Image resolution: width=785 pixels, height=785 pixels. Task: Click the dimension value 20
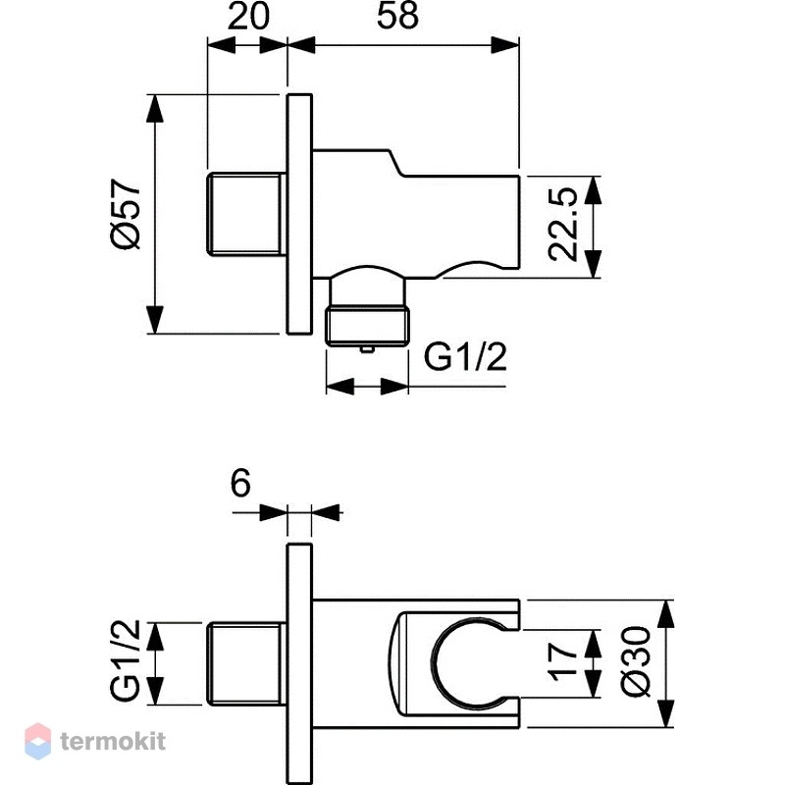tap(248, 16)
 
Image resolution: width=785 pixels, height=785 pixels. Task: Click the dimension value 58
tap(397, 16)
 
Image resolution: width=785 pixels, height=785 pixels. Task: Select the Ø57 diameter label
tap(126, 214)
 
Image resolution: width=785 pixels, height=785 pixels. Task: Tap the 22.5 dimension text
tap(562, 225)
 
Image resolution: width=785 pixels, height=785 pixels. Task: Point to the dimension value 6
tap(240, 484)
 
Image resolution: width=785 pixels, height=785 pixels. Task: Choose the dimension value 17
tap(563, 662)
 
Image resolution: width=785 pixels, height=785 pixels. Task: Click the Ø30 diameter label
tap(636, 660)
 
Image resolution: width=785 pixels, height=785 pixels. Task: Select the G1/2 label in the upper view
tap(465, 356)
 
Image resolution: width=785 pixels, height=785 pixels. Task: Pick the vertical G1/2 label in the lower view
tap(126, 660)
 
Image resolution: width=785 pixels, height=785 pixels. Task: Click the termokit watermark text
tap(113, 741)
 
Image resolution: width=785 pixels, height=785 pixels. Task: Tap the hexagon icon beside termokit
tap(38, 741)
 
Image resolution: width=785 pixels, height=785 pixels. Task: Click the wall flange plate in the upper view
tap(299, 214)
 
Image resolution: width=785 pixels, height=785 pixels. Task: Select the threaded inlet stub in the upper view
tap(246, 214)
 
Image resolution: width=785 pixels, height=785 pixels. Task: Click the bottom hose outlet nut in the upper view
tap(367, 327)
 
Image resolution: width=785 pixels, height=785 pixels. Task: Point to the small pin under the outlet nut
tap(367, 349)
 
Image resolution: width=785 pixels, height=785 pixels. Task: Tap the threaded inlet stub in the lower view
tap(246, 663)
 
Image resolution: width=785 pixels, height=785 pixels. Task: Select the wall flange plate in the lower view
tap(299, 663)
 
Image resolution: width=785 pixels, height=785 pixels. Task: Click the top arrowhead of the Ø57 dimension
tap(155, 108)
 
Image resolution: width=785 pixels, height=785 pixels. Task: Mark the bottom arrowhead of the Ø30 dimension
tap(665, 713)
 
